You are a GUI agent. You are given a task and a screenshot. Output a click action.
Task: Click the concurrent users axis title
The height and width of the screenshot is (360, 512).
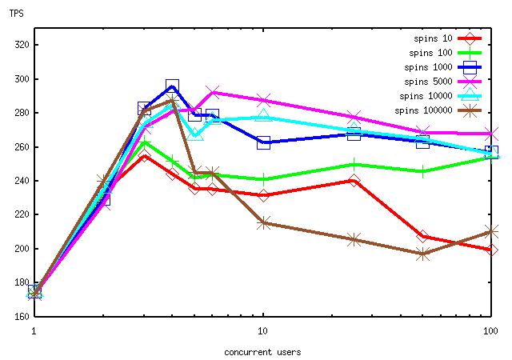(262, 350)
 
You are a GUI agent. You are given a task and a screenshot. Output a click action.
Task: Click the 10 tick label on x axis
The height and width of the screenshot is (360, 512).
(262, 329)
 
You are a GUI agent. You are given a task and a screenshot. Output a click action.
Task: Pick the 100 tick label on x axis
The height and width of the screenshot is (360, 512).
(490, 329)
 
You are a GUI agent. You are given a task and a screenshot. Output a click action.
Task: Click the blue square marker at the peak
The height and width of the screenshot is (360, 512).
(172, 86)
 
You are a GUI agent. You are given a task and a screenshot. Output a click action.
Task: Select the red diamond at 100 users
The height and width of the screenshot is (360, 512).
(491, 250)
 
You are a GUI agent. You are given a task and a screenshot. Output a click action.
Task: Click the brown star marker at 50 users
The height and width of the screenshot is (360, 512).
(422, 254)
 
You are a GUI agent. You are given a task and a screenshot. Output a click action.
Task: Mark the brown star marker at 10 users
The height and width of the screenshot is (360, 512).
(263, 222)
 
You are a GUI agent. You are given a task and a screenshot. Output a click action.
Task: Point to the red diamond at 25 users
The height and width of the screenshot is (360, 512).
(354, 181)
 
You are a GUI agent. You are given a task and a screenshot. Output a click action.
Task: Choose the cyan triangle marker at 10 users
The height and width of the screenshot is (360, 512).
(263, 117)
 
